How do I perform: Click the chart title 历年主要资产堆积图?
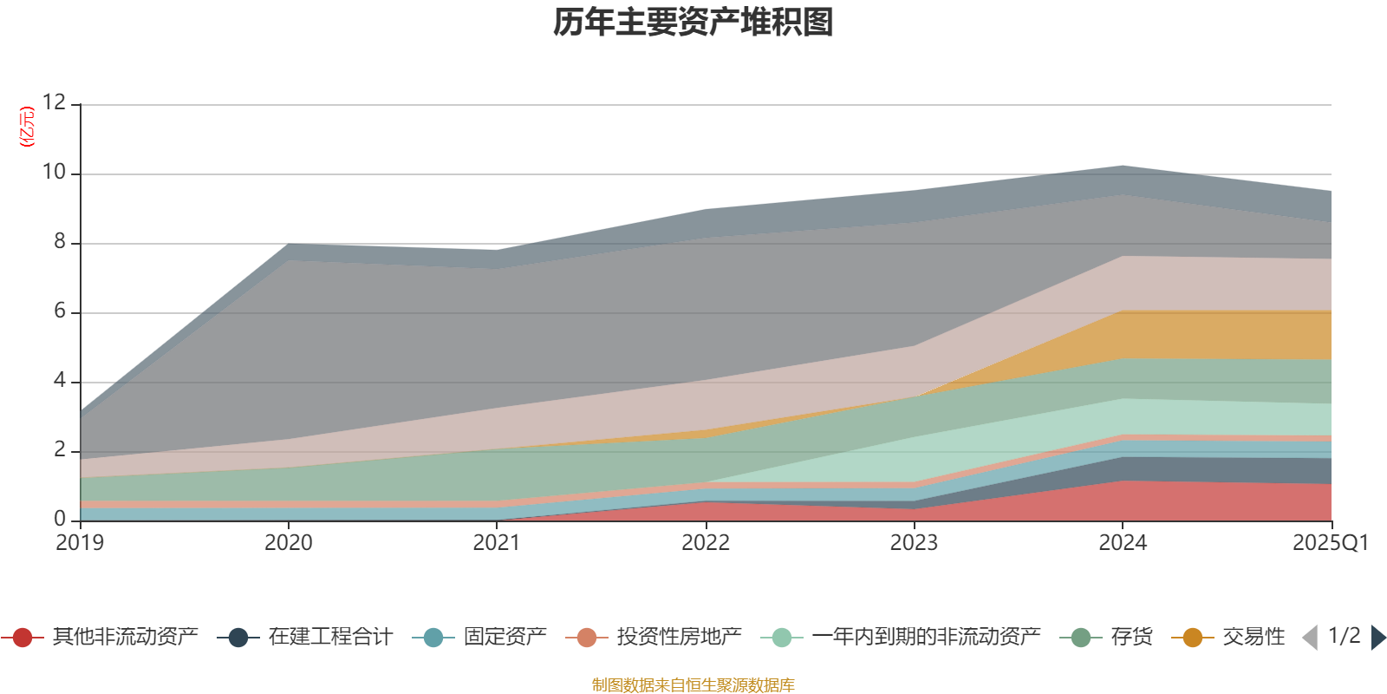point(693,23)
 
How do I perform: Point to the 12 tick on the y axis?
point(55,102)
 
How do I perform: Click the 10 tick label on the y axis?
point(55,172)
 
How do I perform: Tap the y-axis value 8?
point(60,241)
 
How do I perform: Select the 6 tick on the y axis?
point(60,311)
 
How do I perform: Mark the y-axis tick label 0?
point(60,519)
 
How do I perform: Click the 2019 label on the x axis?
point(80,543)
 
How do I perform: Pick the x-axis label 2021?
point(497,543)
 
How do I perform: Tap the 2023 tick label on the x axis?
point(914,543)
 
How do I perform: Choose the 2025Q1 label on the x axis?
point(1330,543)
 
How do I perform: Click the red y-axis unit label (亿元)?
point(28,127)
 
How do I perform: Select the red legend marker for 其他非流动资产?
point(23,638)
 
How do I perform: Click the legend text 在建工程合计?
point(330,638)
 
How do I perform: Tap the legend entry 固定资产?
point(505,638)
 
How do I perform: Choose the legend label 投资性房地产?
point(679,638)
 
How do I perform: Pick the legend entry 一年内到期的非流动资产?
point(926,638)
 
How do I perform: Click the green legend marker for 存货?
point(1081,638)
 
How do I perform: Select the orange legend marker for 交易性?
point(1193,638)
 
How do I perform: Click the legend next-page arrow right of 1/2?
point(1378,638)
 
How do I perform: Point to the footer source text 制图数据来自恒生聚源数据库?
point(693,685)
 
